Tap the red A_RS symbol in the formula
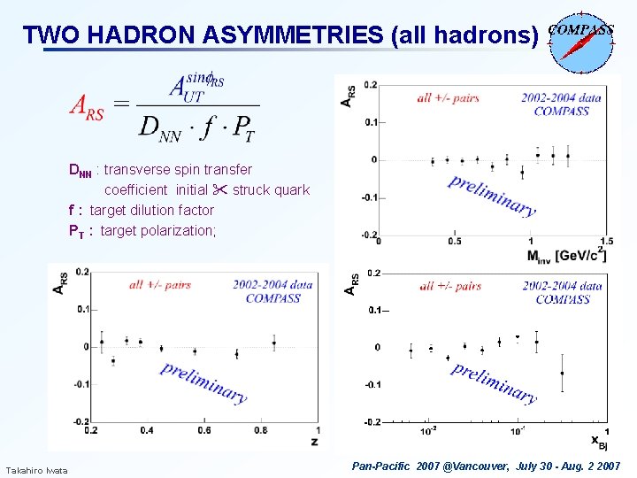[x=88, y=107]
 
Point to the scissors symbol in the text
[x=219, y=189]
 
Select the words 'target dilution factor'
[x=151, y=210]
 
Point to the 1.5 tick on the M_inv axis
[x=606, y=242]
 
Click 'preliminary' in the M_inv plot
[x=491, y=196]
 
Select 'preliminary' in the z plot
[x=203, y=382]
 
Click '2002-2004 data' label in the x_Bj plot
[x=562, y=286]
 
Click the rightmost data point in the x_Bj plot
[x=562, y=374]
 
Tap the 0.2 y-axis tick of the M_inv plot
[x=371, y=86]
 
